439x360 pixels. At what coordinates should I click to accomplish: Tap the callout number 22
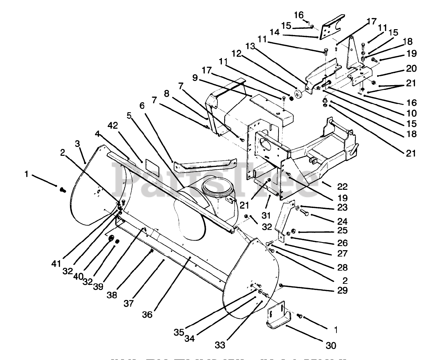(x=342, y=187)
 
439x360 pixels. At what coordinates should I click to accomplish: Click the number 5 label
(x=129, y=116)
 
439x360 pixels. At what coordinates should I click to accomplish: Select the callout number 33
(x=220, y=345)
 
